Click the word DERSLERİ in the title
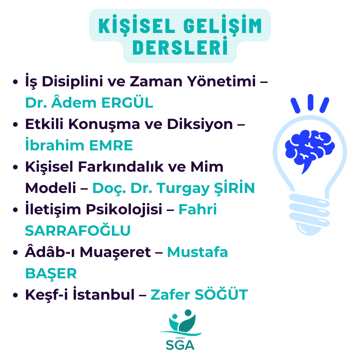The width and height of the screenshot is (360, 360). click(180, 47)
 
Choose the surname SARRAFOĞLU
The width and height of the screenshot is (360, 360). click(78, 231)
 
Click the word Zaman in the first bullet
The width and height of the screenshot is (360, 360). click(156, 81)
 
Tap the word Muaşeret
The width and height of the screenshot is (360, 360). click(115, 252)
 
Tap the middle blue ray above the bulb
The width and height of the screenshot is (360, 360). click(310, 102)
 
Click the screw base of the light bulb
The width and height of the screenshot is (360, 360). click(309, 214)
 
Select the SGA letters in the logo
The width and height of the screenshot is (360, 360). click(180, 345)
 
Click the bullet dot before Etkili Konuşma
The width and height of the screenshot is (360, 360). click(15, 124)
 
